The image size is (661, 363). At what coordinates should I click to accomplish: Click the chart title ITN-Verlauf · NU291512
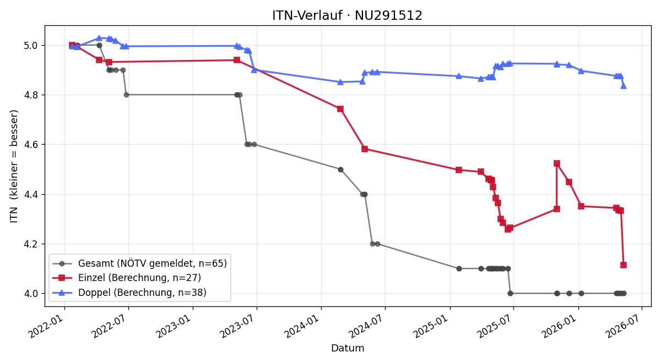point(347,15)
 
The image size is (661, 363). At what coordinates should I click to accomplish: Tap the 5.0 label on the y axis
point(31,45)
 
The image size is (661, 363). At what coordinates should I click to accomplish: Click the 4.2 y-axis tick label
point(31,244)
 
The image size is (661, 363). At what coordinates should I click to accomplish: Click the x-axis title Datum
point(348,348)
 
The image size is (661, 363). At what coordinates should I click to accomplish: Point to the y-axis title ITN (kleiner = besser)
point(14,166)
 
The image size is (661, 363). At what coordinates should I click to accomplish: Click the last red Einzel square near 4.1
point(623,265)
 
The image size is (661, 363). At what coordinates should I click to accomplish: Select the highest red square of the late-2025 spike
point(556,163)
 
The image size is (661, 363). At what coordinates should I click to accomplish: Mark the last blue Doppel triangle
point(623,86)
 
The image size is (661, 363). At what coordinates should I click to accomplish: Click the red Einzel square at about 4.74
point(340,109)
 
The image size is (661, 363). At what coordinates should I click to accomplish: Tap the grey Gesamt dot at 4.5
point(340,169)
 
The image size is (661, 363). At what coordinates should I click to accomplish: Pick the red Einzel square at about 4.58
point(365,149)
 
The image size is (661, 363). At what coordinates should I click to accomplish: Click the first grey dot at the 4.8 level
point(126,95)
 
